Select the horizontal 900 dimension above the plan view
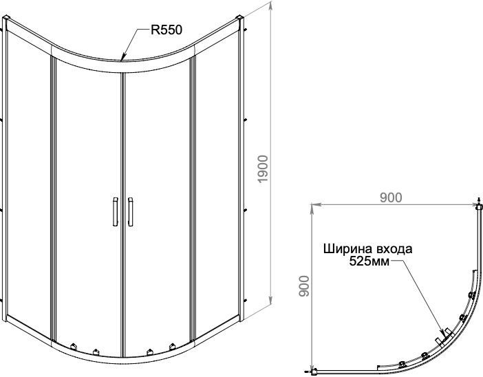click(390, 197)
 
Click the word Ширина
click(345, 249)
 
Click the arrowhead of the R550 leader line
click(122, 59)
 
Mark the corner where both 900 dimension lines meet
click(312, 204)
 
